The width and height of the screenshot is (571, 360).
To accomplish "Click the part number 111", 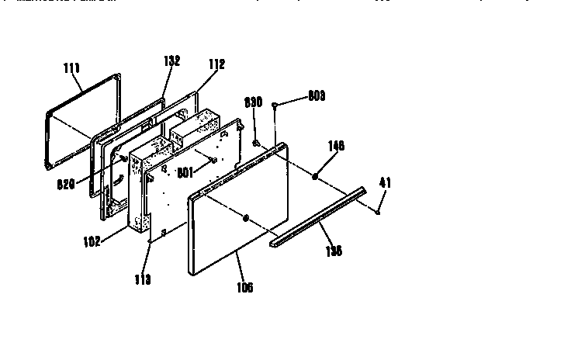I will [x=71, y=68].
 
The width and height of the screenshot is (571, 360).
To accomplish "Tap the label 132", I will [x=171, y=61].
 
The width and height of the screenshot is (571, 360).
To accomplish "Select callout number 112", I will [x=216, y=66].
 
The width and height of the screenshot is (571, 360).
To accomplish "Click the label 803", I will [x=317, y=95].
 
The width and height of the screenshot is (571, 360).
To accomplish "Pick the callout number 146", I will [x=336, y=145].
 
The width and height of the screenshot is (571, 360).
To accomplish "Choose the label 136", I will [x=334, y=251].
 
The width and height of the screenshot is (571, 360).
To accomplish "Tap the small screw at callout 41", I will [x=375, y=211].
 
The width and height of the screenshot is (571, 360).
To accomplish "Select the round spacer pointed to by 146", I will [x=315, y=178].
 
